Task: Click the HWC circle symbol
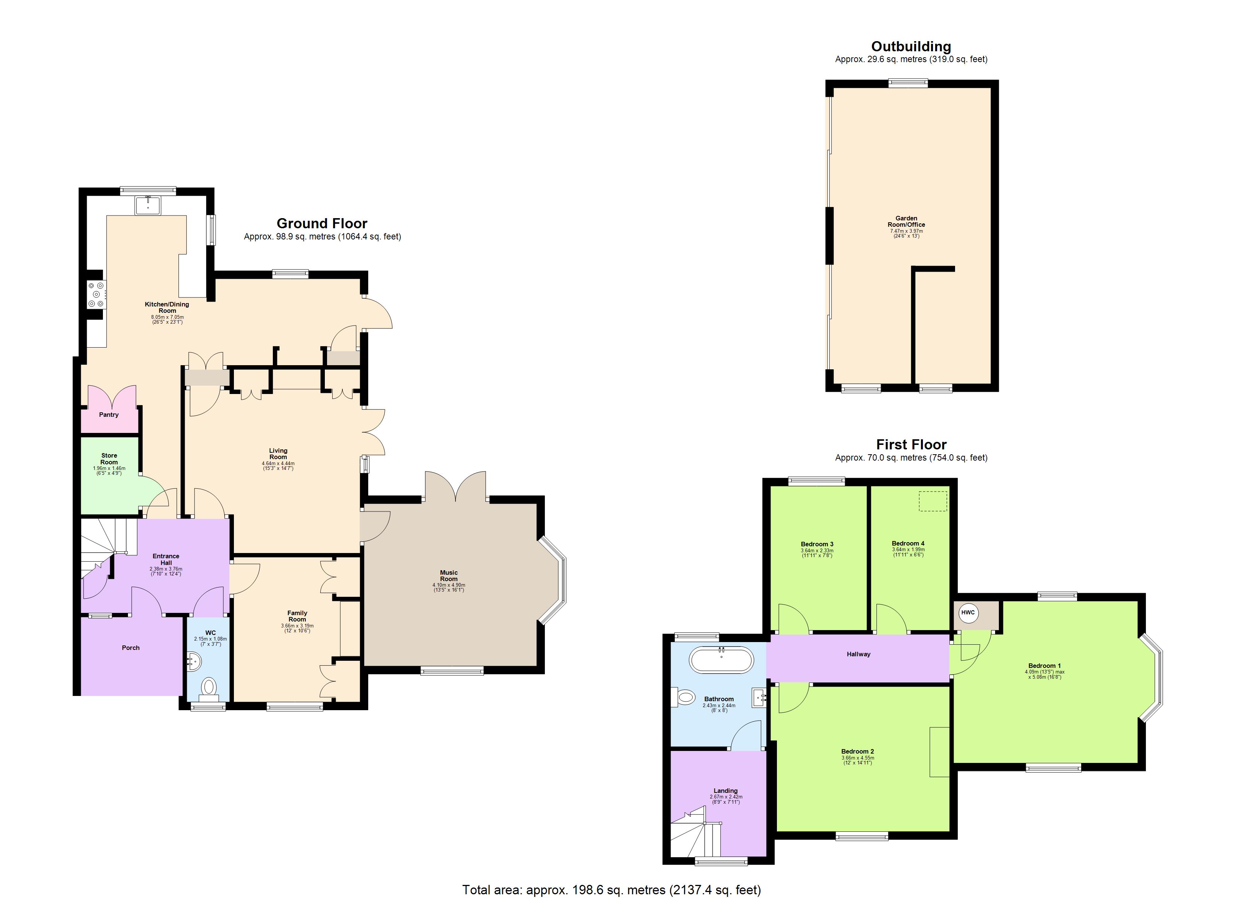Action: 968,613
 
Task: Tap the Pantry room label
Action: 109,415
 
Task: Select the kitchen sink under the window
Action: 147,205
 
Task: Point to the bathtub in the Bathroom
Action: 722,660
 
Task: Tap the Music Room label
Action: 449,575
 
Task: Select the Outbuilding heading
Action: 911,47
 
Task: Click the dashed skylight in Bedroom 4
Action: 933,501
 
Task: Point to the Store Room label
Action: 109,458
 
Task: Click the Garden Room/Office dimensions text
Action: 906,233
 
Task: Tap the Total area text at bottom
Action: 612,890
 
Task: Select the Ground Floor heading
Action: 322,223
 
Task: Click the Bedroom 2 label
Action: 858,751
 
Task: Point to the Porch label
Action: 131,648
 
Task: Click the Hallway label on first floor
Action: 858,654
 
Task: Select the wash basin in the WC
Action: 194,661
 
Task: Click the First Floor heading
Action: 911,445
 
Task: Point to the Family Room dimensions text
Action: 297,628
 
